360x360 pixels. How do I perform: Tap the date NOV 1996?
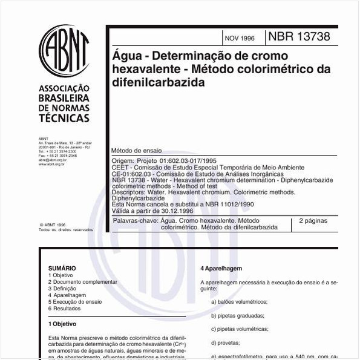pyautogui.click(x=240, y=38)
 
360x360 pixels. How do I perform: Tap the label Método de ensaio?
pyautogui.click(x=136, y=150)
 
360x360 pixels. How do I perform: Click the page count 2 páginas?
pyautogui.click(x=313, y=221)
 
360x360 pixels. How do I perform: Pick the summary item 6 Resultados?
pyautogui.click(x=64, y=309)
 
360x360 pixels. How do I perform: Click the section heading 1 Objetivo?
pyautogui.click(x=62, y=324)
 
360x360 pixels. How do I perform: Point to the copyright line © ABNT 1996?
pyautogui.click(x=53, y=224)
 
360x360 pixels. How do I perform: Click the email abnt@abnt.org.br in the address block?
pyautogui.click(x=52, y=160)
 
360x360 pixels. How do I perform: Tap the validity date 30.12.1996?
pyautogui.click(x=175, y=210)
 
